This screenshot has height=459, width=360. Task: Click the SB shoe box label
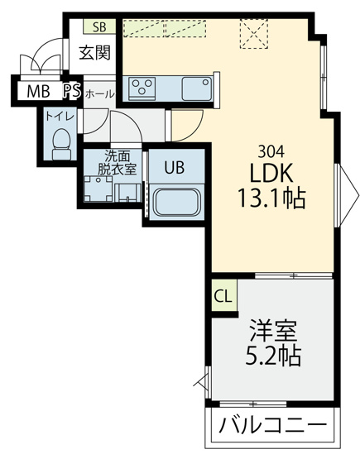point(99,26)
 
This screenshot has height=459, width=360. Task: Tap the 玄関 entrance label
point(95,53)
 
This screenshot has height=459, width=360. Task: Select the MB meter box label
point(38,91)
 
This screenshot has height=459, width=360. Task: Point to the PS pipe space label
point(72,91)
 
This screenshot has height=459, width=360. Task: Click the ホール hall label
point(99,94)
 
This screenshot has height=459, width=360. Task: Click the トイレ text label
point(60,117)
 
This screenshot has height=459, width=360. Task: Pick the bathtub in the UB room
point(176,202)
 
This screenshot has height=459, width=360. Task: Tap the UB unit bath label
point(175,167)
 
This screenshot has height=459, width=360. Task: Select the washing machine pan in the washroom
point(98,189)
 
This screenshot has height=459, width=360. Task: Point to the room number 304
point(271,151)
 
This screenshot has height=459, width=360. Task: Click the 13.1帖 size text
point(271,198)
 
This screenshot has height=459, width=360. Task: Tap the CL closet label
point(223,296)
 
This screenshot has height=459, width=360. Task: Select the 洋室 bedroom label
point(273,331)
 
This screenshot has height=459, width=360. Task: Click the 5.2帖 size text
point(273,356)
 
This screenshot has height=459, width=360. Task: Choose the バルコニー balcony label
point(273,425)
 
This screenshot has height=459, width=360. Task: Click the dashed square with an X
point(254,34)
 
